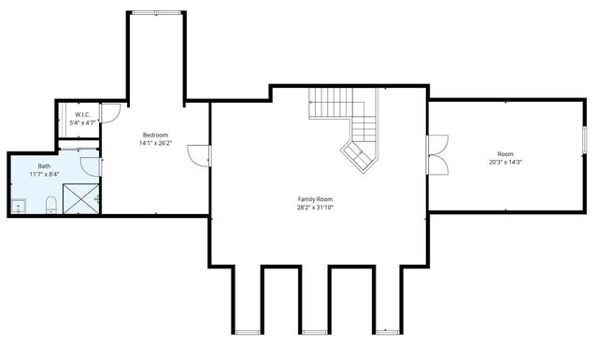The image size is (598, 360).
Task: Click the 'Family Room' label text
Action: (x=315, y=199)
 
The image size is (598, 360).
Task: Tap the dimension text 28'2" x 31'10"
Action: (x=315, y=208)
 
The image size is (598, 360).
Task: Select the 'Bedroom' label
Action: (x=154, y=135)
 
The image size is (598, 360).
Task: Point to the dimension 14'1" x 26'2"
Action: (x=154, y=143)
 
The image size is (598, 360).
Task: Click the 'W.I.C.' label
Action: (x=82, y=115)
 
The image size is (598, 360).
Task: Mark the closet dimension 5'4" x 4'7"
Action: (x=82, y=123)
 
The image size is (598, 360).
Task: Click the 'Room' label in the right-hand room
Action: (x=505, y=153)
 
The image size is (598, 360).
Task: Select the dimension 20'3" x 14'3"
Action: (x=505, y=162)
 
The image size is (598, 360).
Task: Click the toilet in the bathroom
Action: (x=52, y=205)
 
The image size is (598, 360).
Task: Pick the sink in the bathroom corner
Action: (x=19, y=205)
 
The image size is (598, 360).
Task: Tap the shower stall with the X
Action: (x=82, y=198)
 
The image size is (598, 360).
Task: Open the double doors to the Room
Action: (x=437, y=156)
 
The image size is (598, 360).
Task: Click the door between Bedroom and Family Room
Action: (x=199, y=155)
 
